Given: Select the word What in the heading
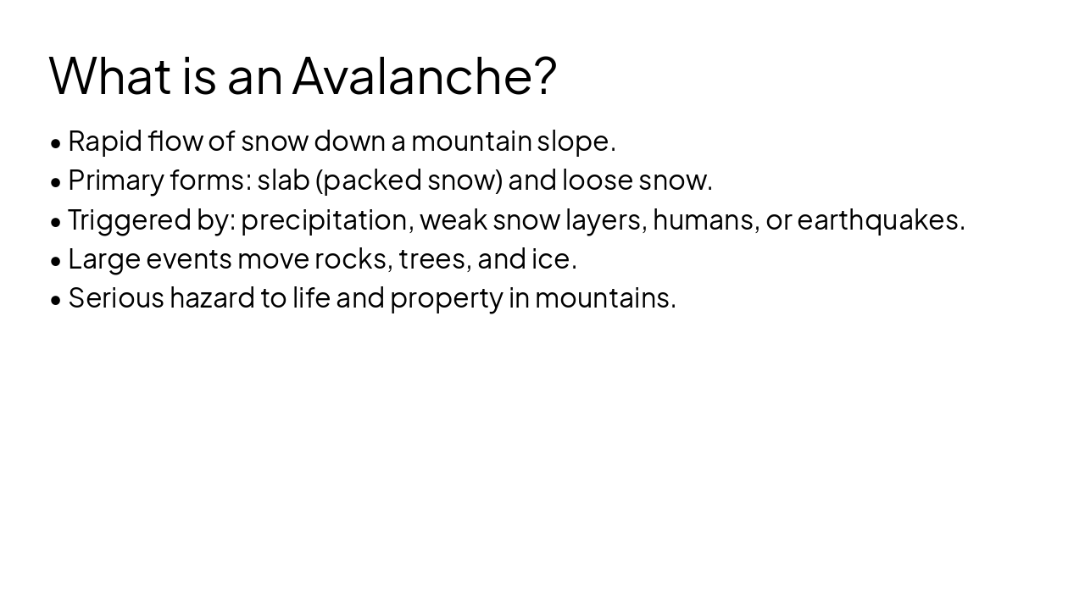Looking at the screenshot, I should coord(110,75).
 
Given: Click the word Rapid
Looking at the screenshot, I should coord(105,141).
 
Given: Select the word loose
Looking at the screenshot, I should coord(598,180).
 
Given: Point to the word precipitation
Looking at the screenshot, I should coord(325,220).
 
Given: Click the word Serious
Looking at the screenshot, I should coord(116,297).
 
